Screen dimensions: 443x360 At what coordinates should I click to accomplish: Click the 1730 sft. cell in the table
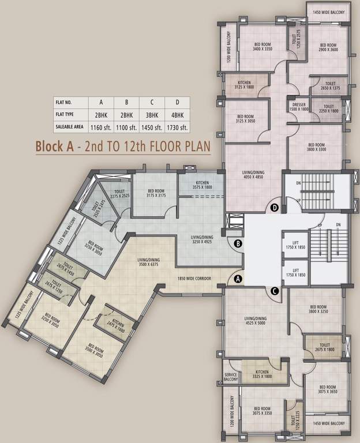(x=177, y=127)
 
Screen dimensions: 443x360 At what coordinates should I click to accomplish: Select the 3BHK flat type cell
(x=151, y=115)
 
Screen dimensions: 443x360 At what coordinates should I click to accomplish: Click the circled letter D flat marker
(x=275, y=207)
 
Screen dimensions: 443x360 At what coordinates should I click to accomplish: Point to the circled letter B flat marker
(x=238, y=243)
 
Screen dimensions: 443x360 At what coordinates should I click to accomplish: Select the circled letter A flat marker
(x=238, y=280)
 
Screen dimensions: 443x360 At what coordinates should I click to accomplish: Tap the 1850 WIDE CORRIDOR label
(x=194, y=279)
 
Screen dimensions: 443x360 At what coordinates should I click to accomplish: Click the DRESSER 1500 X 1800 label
(x=299, y=107)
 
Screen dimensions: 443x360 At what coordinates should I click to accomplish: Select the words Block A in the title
(x=55, y=146)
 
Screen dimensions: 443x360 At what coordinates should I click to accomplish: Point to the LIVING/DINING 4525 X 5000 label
(x=256, y=321)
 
